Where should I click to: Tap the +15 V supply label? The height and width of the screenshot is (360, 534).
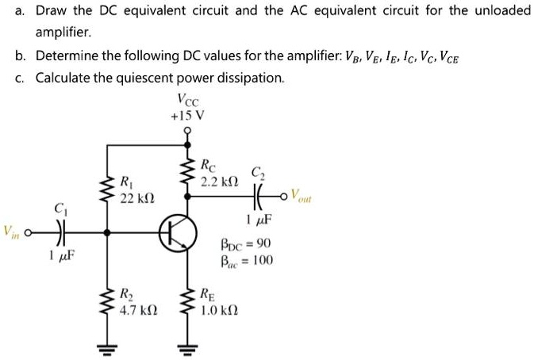tap(188, 114)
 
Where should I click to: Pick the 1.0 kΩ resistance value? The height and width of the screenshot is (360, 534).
tap(217, 308)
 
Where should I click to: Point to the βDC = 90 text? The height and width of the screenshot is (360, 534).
tap(246, 243)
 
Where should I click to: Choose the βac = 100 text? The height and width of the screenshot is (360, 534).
tap(246, 259)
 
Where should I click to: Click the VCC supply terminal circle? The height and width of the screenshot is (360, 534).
tap(188, 132)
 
